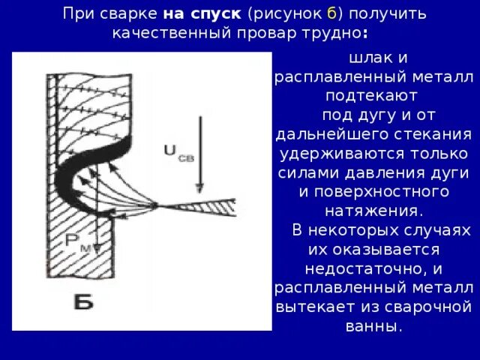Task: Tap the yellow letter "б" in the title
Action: pyautogui.click(x=331, y=14)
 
